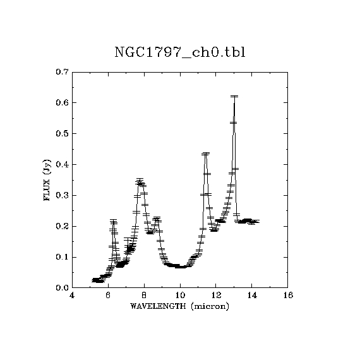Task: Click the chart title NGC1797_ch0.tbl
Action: pos(180,53)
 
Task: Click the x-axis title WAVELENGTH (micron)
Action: pos(179,306)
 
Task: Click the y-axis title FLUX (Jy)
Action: pos(47,180)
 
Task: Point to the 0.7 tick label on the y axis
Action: pos(62,72)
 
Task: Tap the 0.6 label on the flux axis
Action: pos(62,102)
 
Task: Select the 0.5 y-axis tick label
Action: pos(62,134)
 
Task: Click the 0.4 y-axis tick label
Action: pos(62,165)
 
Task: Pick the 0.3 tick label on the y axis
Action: pos(62,195)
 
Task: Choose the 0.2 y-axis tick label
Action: pos(62,226)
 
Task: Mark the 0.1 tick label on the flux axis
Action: pos(62,257)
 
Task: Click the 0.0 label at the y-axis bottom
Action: pos(62,288)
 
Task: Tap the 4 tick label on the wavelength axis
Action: pos(72,295)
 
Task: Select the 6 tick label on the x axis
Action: pos(108,295)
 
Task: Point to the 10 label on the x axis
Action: pos(180,295)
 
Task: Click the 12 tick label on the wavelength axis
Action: pos(216,295)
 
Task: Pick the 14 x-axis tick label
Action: pos(252,295)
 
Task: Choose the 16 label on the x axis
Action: pos(288,295)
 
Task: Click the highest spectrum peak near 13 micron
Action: pos(234,97)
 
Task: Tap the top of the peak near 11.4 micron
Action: pos(205,153)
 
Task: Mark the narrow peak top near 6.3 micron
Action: pos(114,221)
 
